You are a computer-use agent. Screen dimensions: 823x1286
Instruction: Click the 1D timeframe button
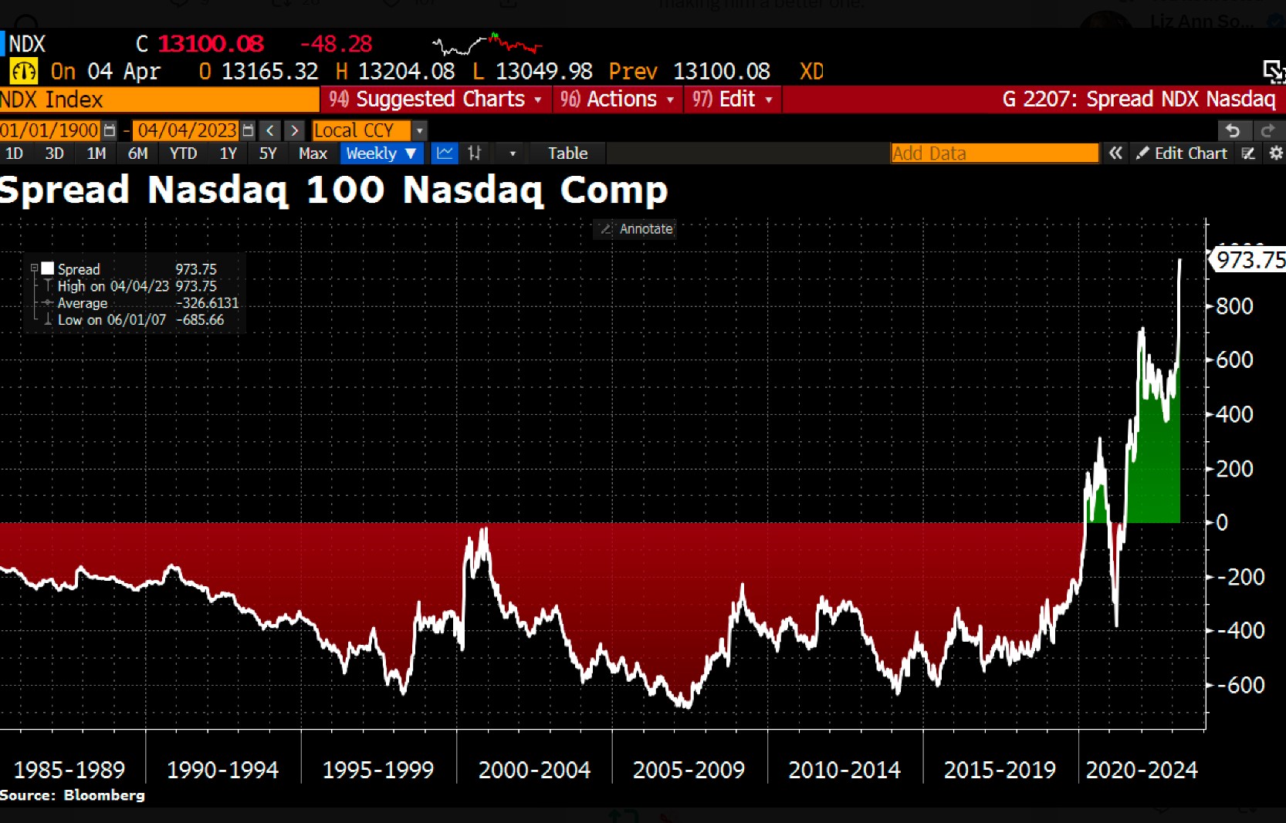(14, 153)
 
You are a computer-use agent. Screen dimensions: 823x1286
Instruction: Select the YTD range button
(183, 153)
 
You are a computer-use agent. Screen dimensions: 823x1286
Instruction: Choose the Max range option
(313, 153)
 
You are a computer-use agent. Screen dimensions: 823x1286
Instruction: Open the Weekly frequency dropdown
(381, 153)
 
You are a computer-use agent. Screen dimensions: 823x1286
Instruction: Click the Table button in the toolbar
(567, 153)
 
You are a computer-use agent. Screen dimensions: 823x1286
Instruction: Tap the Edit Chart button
(1183, 153)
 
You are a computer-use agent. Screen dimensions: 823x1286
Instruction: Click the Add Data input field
(993, 153)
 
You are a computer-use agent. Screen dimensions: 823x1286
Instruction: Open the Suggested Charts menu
(435, 100)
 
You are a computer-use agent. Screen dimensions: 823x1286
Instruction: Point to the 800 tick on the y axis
(1234, 306)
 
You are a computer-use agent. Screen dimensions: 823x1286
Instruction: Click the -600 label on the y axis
(1239, 685)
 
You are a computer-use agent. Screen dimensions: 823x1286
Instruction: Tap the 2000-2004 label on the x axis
(534, 770)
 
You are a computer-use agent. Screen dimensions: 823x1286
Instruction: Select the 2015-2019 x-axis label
(1000, 770)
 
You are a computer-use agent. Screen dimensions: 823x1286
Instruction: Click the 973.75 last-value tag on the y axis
(1250, 260)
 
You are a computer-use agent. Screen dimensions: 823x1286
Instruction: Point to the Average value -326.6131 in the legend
(207, 303)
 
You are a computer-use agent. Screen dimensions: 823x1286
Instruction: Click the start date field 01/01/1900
(50, 130)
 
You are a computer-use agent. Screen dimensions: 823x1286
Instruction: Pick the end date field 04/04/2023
(187, 130)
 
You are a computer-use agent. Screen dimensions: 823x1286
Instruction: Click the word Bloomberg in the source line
(104, 795)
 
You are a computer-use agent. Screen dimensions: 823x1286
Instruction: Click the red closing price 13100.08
(211, 44)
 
